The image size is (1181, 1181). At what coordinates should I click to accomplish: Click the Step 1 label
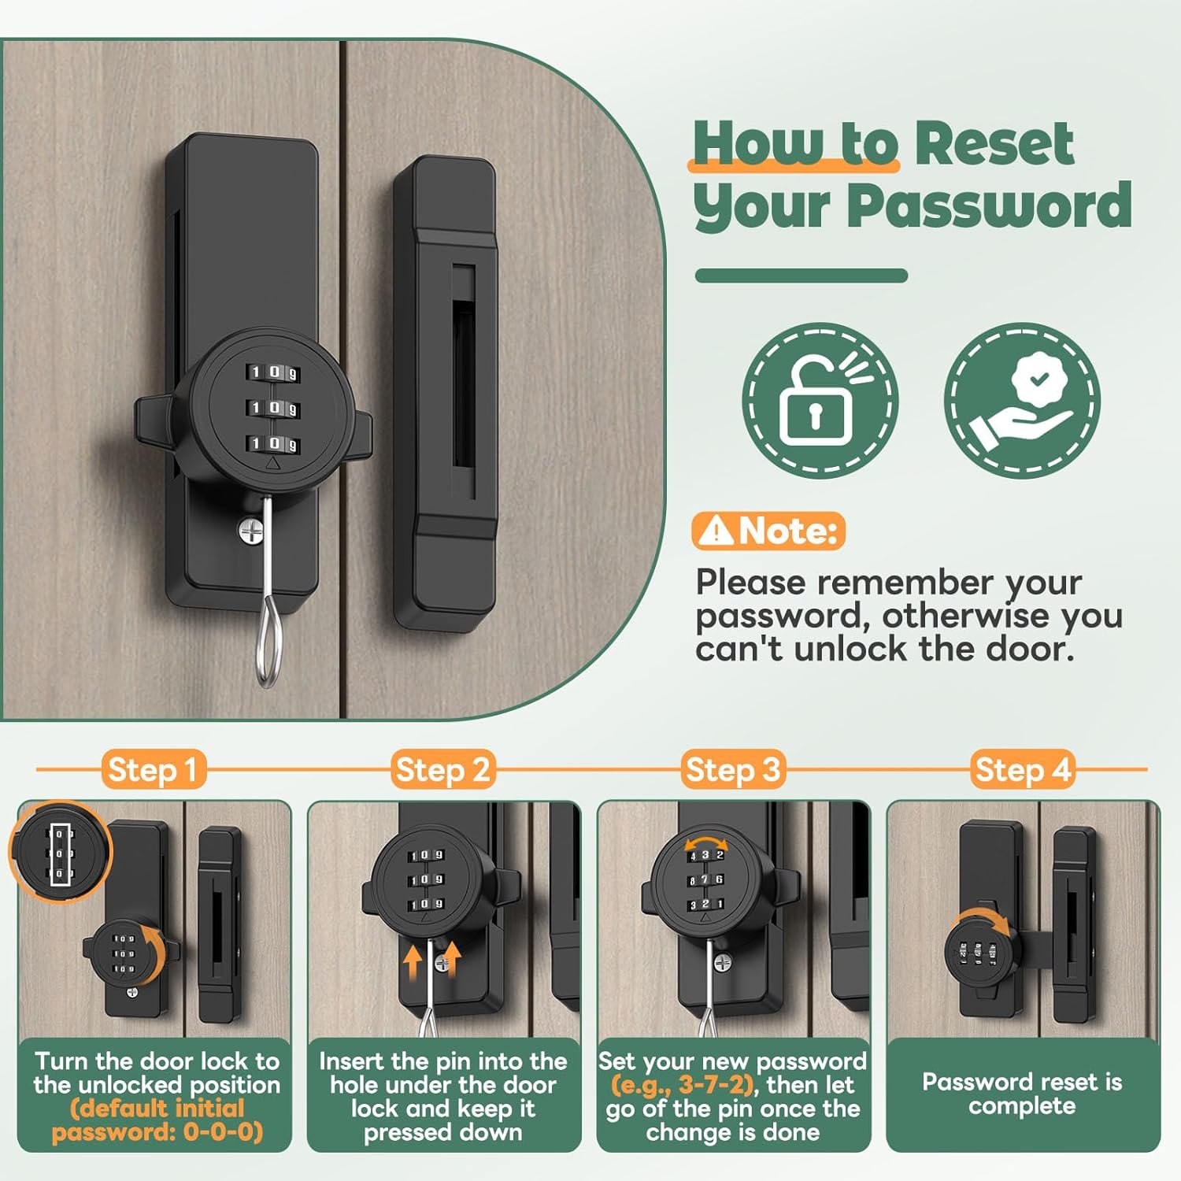point(153,769)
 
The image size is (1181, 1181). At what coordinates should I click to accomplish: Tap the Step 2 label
point(443,769)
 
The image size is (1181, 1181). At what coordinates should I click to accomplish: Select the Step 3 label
point(732,769)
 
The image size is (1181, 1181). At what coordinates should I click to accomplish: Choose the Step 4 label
point(1023,769)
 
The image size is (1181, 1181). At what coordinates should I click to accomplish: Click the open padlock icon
point(819,400)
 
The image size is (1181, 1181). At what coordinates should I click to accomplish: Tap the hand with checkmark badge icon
point(1022,400)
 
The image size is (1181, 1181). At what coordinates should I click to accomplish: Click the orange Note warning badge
point(768,531)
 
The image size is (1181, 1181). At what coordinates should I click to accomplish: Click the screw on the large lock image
point(252,531)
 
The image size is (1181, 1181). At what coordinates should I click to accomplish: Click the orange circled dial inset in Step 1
point(61,852)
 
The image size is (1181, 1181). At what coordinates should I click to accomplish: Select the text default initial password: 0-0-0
point(157,1120)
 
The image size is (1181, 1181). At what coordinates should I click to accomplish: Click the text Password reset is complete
point(1022,1094)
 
